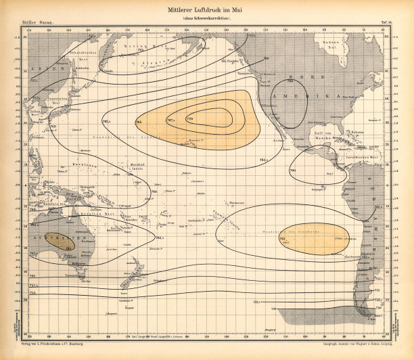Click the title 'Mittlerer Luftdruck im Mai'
point(206,10)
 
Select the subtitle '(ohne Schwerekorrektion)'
point(206,18)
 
